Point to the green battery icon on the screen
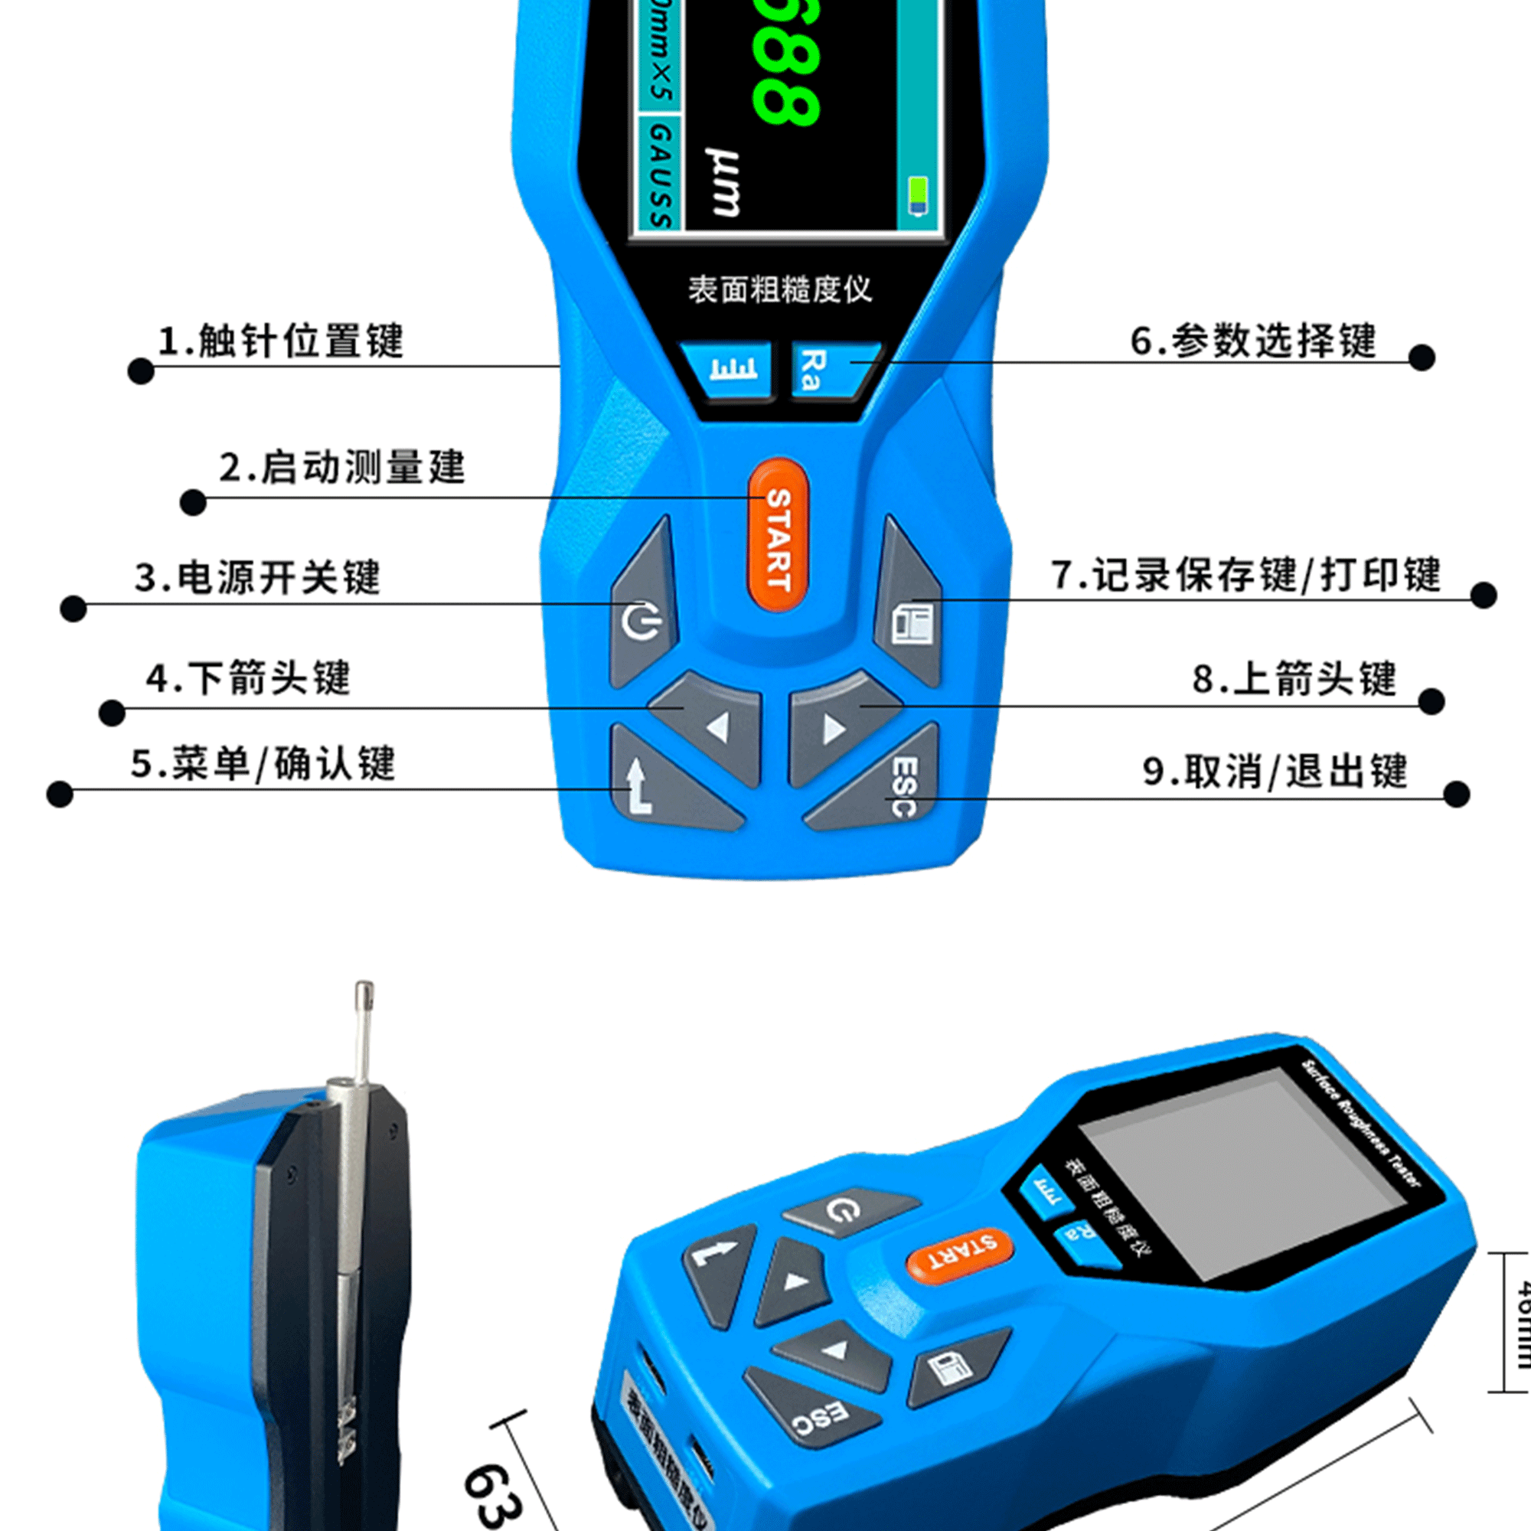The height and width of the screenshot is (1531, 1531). [x=918, y=195]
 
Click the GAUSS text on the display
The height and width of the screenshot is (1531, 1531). [x=659, y=176]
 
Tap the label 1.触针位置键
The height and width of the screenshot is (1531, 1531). [x=281, y=341]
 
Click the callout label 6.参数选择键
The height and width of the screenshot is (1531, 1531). [x=1254, y=341]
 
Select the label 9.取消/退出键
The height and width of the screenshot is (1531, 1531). [x=1275, y=771]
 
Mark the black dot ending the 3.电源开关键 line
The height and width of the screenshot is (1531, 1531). [x=73, y=609]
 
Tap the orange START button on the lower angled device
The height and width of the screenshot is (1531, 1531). [x=960, y=1255]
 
